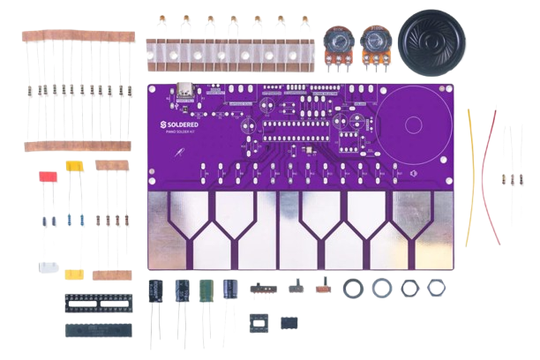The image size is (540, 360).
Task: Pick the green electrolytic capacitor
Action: (x=206, y=291)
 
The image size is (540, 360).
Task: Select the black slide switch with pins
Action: (x=261, y=287)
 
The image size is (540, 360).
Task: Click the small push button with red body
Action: (x=324, y=288)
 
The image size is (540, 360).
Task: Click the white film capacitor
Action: (x=49, y=268)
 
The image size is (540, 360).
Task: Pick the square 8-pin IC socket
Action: (x=258, y=322)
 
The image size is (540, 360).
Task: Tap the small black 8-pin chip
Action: (x=289, y=323)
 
